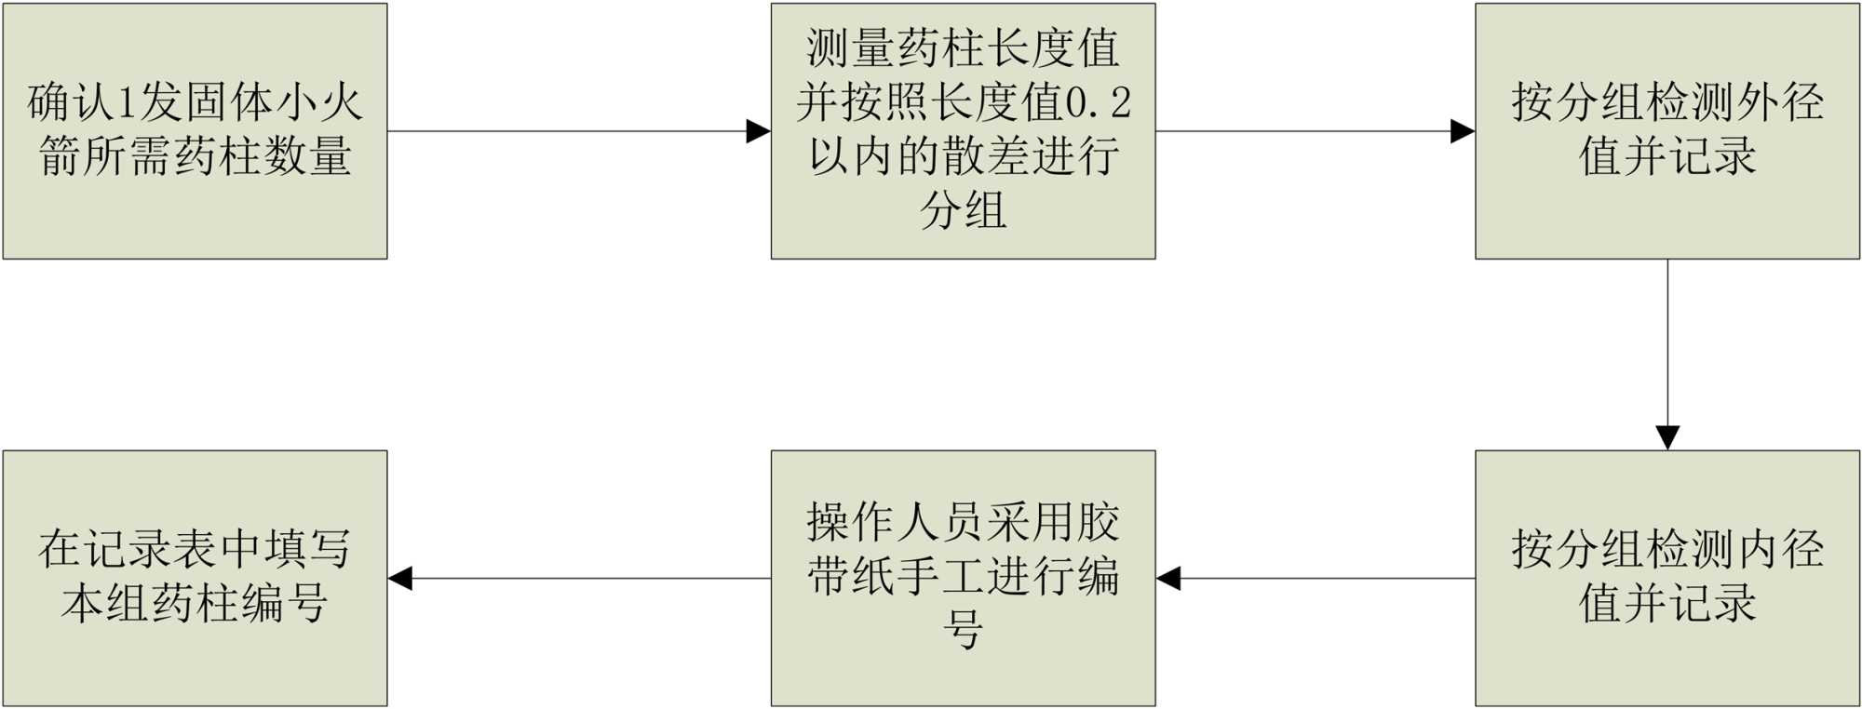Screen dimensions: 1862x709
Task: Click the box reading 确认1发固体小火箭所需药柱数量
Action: pyautogui.click(x=195, y=130)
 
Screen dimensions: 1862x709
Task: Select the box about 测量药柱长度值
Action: pyautogui.click(x=963, y=130)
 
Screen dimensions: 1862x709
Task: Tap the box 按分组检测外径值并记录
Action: pyautogui.click(x=1666, y=130)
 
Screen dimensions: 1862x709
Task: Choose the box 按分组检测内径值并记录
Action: pyautogui.click(x=1666, y=578)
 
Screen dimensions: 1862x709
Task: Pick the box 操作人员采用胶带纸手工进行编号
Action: pyautogui.click(x=963, y=578)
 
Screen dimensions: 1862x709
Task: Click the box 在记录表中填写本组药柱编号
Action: pyautogui.click(x=195, y=578)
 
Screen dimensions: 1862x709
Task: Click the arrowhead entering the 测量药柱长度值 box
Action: pyautogui.click(x=759, y=131)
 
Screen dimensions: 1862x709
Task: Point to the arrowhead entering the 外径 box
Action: pyautogui.click(x=1463, y=131)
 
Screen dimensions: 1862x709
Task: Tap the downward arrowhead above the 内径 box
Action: pyautogui.click(x=1667, y=437)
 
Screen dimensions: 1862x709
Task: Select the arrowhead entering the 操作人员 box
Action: pyautogui.click(x=1168, y=579)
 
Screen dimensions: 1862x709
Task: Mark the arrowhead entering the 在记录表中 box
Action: pyautogui.click(x=400, y=579)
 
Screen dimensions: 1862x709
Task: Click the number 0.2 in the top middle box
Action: pyautogui.click(x=1098, y=102)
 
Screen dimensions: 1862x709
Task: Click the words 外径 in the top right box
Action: pyautogui.click(x=1779, y=102)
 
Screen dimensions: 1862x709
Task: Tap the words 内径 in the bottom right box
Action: pyautogui.click(x=1779, y=549)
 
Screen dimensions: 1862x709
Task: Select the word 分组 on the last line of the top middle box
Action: pyautogui.click(x=963, y=209)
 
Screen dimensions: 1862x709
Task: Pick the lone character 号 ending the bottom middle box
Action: pyautogui.click(x=963, y=630)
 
